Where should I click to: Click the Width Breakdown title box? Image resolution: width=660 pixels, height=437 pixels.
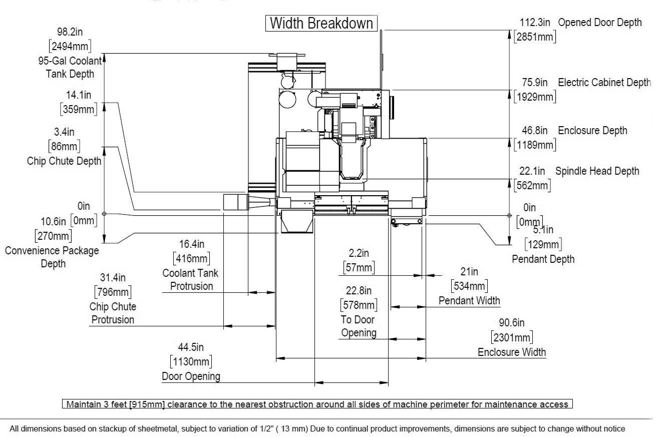click(321, 23)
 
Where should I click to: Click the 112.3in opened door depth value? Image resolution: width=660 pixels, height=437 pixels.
click(535, 22)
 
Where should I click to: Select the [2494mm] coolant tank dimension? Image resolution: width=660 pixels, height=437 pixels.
click(70, 47)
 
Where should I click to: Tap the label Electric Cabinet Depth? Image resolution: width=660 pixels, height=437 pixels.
click(604, 83)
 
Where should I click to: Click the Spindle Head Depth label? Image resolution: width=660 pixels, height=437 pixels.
click(597, 171)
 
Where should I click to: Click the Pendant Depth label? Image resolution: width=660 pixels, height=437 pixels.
click(543, 259)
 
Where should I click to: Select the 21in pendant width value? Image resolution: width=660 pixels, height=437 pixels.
click(469, 272)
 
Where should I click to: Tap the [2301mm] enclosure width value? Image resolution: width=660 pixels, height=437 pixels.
click(512, 337)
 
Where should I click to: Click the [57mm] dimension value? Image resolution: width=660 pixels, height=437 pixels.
click(359, 267)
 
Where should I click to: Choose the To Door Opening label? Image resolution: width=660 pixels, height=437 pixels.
click(359, 326)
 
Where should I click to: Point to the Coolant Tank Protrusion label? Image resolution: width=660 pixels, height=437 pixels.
click(191, 280)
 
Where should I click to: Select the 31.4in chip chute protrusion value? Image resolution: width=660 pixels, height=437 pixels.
click(112, 277)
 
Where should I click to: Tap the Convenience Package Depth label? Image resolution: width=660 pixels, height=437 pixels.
click(52, 257)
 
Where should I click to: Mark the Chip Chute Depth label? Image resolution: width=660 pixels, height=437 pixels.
click(64, 161)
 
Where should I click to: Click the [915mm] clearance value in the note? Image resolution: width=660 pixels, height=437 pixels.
click(147, 404)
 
